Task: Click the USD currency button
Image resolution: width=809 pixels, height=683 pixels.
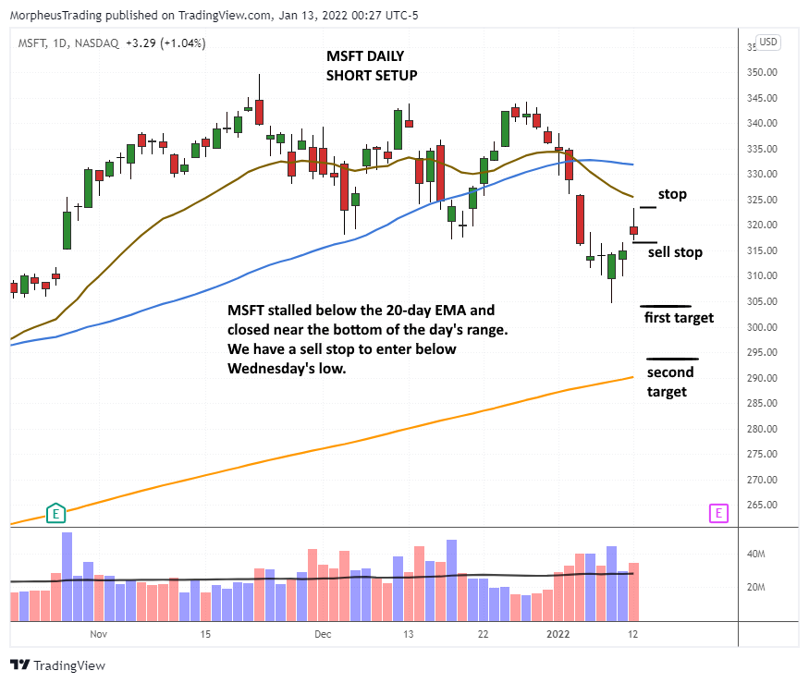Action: pos(768,42)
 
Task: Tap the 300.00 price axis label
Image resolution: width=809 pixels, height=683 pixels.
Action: pos(762,327)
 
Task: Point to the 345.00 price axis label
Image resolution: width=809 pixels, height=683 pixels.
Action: pos(762,98)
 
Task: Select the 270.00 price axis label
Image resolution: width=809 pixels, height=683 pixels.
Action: pos(762,480)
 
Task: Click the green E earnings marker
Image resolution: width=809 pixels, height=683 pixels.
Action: pos(55,513)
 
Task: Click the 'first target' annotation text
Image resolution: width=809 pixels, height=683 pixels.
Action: pos(679,318)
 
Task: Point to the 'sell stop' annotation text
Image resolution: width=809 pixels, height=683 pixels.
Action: pos(675,251)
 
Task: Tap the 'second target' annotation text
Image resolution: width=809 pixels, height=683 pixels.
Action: pos(670,382)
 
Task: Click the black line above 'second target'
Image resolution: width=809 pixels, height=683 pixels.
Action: pos(672,359)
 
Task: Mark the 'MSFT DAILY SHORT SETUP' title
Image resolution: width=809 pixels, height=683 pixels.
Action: pos(372,66)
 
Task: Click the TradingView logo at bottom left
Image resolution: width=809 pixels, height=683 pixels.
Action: pos(57,665)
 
